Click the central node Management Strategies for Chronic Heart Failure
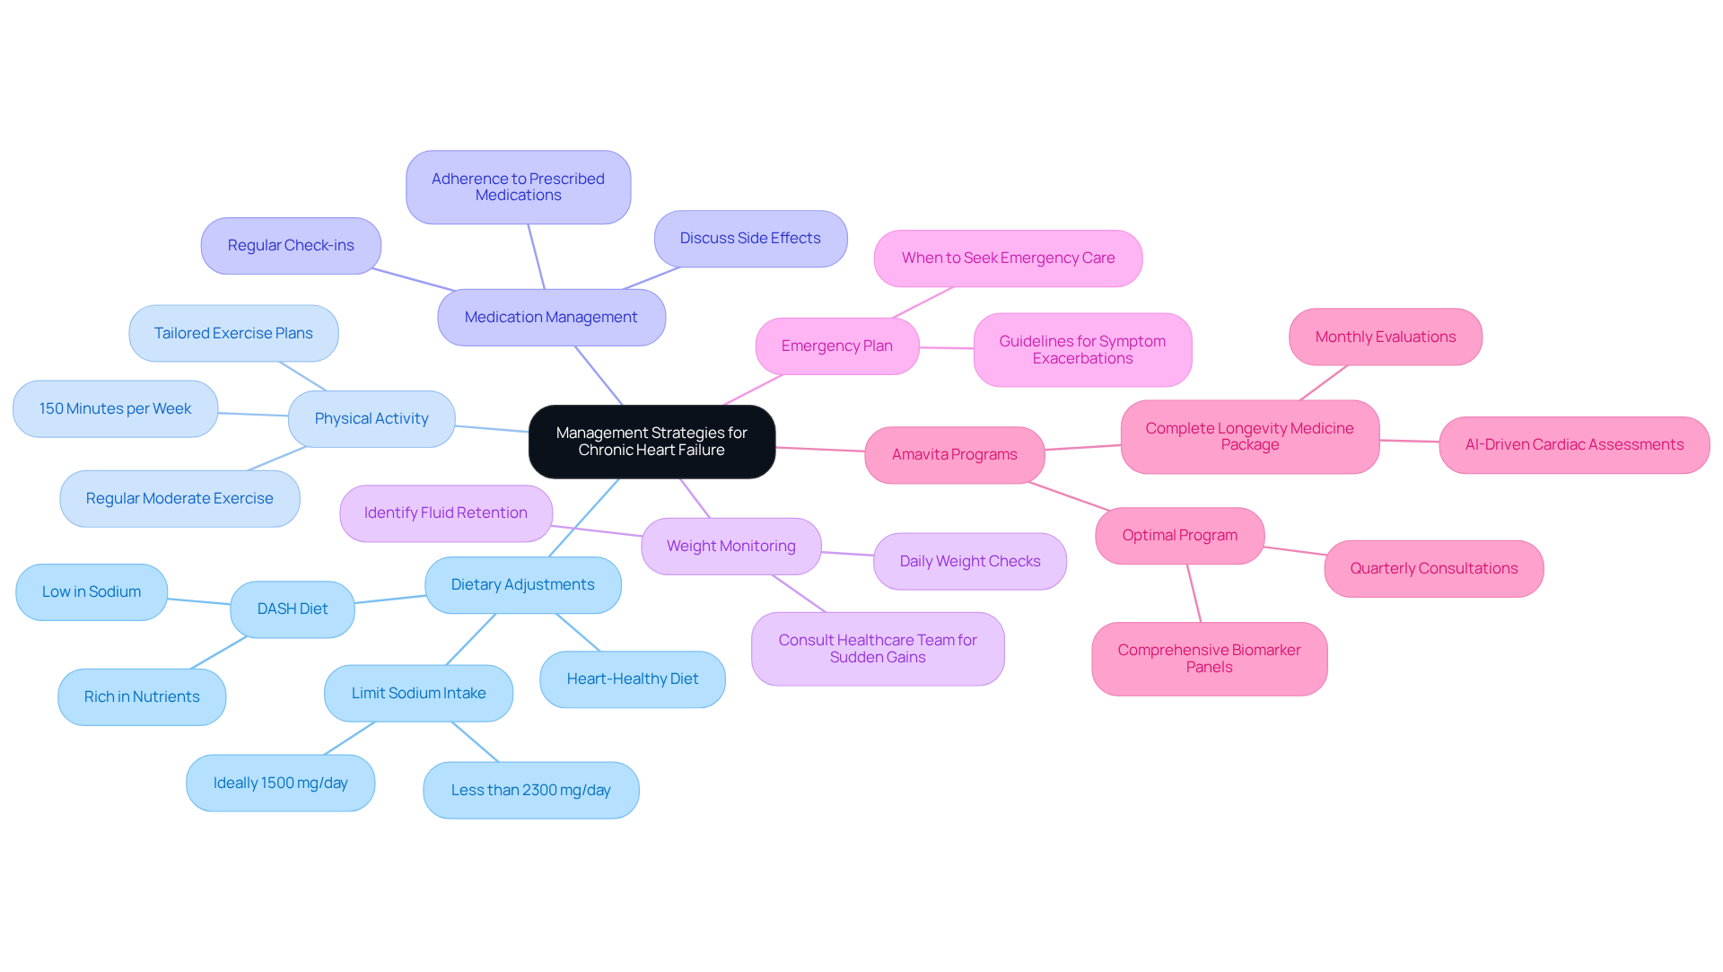coord(652,442)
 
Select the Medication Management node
coord(551,317)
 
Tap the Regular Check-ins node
coord(291,245)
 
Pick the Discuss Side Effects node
coord(750,238)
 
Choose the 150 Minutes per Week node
coord(115,408)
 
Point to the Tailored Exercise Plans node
coord(233,333)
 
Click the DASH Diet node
coord(293,609)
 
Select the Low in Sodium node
coord(92,591)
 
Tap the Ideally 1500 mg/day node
coord(280,783)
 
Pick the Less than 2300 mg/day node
coord(530,790)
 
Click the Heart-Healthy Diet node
coord(632,679)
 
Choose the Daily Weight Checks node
coord(969,561)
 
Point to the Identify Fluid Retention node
coord(445,512)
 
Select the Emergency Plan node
coord(836,346)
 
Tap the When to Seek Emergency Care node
coord(1008,258)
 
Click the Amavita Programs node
coord(954,454)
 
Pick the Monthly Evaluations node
coord(1385,337)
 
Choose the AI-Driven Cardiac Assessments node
coord(1574,444)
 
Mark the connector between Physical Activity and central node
coord(492,429)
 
